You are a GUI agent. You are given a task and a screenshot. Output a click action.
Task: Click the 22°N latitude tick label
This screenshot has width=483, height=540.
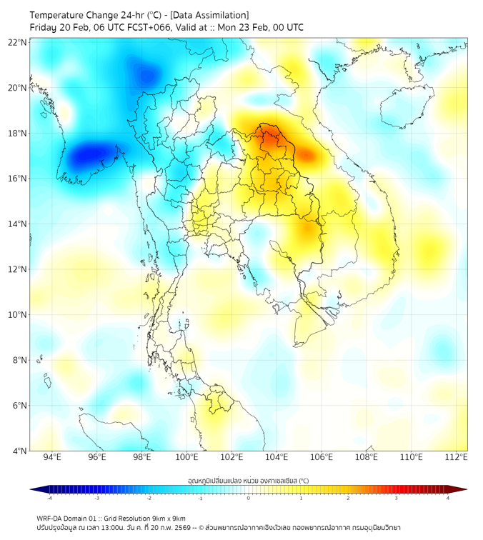coord(18,42)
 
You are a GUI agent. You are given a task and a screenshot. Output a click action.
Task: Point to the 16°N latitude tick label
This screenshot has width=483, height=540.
coord(18,179)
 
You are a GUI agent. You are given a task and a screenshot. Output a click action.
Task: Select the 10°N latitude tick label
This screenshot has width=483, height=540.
coord(18,315)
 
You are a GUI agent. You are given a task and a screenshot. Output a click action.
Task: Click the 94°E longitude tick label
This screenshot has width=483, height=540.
coord(52,458)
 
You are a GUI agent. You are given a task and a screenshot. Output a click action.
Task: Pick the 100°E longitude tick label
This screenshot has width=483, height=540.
coord(187,458)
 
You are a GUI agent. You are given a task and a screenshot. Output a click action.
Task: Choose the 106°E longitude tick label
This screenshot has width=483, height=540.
coord(322,458)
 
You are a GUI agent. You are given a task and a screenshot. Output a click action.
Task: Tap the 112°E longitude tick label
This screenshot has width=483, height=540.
coord(457,458)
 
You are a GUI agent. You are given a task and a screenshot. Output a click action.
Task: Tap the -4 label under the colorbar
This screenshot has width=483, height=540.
coord(49,499)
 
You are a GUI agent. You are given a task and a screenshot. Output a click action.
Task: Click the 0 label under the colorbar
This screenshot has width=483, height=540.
coord(249,499)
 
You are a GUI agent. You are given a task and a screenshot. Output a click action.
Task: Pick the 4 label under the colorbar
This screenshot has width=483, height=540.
coord(447,499)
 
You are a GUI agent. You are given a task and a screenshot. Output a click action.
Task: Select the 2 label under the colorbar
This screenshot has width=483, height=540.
coord(348,499)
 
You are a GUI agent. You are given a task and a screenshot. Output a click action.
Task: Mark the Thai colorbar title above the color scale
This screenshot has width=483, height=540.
coord(248,480)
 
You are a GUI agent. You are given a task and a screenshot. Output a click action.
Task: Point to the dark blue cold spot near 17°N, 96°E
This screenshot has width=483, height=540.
coord(90,154)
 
